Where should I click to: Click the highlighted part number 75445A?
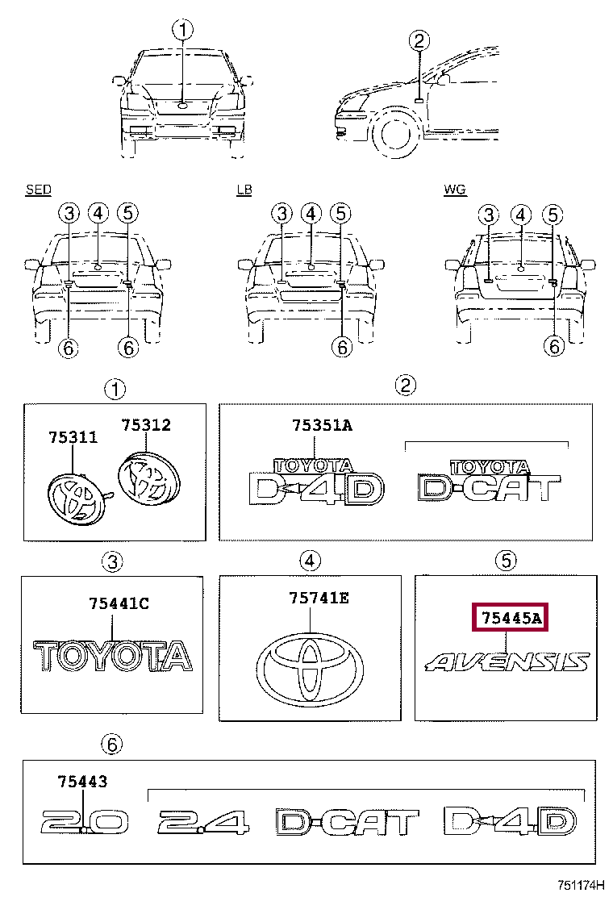click(x=510, y=617)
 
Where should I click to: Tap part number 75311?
click(x=73, y=437)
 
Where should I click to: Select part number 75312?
click(x=146, y=424)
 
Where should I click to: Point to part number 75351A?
click(x=322, y=425)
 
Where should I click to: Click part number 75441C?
click(x=119, y=603)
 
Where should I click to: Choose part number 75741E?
click(x=319, y=598)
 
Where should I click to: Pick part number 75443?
click(x=82, y=781)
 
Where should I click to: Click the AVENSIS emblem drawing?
click(x=507, y=662)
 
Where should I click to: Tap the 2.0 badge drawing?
click(x=85, y=821)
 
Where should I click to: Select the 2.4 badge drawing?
click(x=203, y=821)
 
